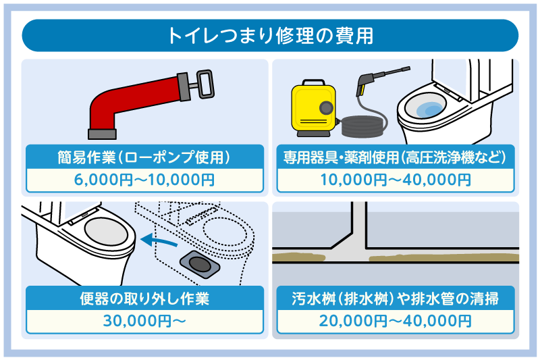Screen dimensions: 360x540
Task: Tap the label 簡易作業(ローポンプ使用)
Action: [x=145, y=157]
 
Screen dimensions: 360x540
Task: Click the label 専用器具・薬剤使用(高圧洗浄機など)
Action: [x=395, y=157]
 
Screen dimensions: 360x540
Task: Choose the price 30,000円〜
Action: [x=145, y=321]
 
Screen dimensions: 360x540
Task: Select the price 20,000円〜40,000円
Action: [x=395, y=321]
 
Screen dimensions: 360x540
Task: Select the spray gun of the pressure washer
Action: [x=364, y=84]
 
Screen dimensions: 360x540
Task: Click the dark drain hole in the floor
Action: [x=198, y=263]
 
